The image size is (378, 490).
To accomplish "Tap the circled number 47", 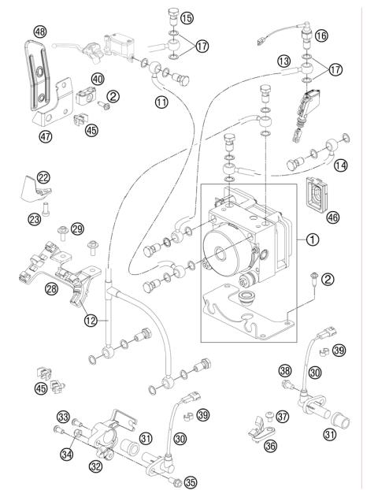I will [46, 135].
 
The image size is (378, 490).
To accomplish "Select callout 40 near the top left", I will [98, 80].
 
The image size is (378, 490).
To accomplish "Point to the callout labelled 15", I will [187, 17].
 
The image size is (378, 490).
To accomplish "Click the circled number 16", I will [321, 36].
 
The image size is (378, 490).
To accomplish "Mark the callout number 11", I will [161, 102].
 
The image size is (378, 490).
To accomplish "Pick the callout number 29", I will [77, 228].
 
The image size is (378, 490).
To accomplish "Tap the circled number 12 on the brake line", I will [92, 320].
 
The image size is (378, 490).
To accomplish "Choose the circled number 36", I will [270, 445].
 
